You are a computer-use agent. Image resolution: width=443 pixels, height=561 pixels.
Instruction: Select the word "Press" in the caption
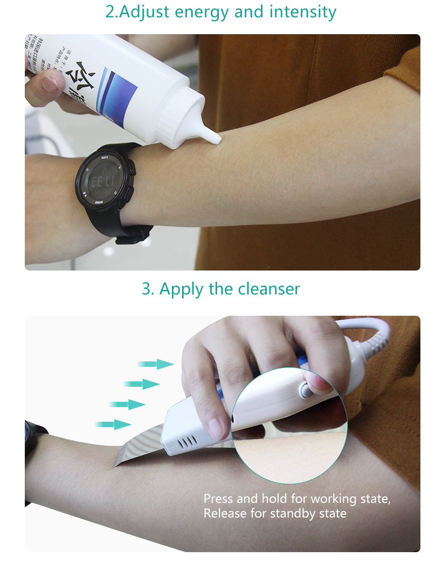coord(218,499)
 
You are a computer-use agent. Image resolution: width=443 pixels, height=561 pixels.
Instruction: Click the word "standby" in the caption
coord(295,514)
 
